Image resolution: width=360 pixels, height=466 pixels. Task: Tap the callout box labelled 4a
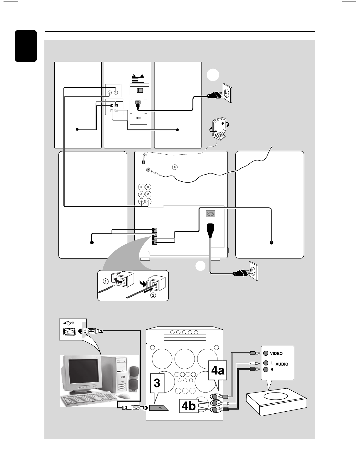point(217,370)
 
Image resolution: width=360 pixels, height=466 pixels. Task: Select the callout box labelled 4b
point(189,406)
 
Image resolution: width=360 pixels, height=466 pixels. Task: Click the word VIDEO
point(276,353)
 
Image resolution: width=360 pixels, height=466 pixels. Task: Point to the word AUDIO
point(282,364)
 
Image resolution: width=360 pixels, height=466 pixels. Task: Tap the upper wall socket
point(227,93)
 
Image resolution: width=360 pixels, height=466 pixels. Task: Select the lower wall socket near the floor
point(253,271)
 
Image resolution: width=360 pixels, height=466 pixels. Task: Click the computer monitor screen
point(83,372)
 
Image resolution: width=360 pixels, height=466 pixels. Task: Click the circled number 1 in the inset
point(106,281)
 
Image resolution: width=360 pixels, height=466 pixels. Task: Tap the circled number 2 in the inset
point(153,295)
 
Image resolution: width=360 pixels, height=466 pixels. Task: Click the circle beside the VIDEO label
point(266,353)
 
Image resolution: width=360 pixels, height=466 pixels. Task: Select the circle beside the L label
point(266,363)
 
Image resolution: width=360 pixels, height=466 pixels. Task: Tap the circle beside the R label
point(266,370)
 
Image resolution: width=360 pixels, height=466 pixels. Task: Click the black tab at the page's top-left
point(26,46)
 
